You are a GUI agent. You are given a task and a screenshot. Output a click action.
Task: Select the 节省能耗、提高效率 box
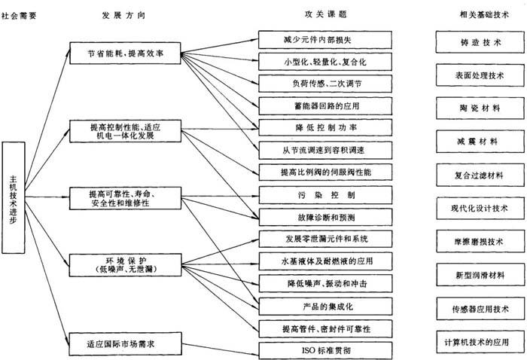[125, 53]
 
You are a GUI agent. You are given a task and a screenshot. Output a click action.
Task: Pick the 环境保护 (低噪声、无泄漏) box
[125, 264]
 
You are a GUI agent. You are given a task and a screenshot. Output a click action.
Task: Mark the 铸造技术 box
[478, 41]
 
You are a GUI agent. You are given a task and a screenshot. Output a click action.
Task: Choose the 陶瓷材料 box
[478, 107]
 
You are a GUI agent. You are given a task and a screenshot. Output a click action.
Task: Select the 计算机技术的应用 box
[478, 341]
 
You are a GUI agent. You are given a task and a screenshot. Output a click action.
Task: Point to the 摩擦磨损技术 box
[478, 241]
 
